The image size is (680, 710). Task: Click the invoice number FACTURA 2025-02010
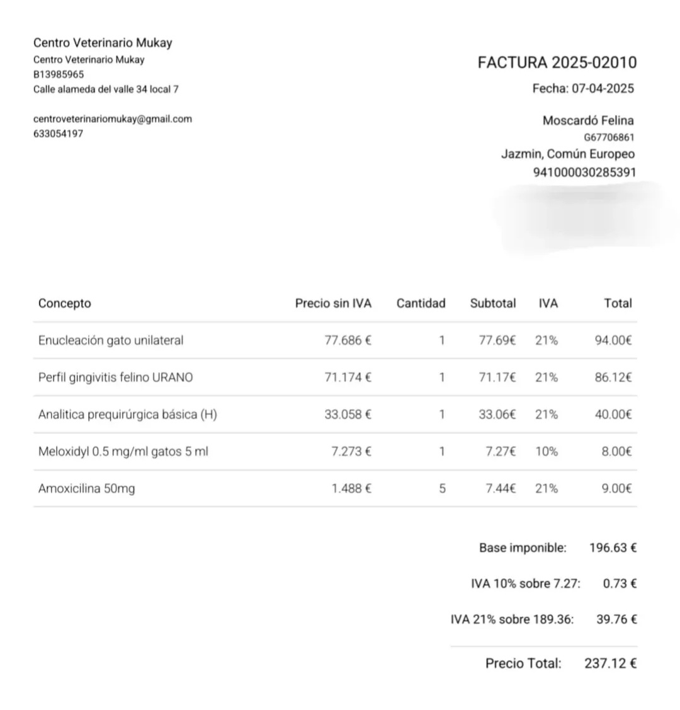[557, 63]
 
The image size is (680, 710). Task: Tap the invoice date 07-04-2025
[603, 89]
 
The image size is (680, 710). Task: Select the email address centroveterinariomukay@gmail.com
[113, 119]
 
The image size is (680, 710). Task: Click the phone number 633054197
[58, 134]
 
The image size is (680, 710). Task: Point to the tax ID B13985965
[59, 74]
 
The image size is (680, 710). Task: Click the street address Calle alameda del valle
[106, 89]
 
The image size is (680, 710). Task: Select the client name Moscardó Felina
[588, 121]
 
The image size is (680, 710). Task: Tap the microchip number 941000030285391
[584, 172]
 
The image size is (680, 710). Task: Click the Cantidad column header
[421, 304]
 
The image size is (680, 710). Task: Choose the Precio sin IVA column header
[333, 304]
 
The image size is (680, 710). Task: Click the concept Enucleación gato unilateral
[111, 341]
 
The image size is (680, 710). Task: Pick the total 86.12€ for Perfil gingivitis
[613, 377]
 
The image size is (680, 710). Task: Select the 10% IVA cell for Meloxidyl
[547, 452]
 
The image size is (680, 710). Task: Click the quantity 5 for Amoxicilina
[442, 488]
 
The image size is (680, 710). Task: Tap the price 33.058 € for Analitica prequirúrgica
[348, 415]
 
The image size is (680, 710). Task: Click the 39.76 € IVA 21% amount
[616, 620]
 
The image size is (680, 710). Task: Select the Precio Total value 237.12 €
[610, 663]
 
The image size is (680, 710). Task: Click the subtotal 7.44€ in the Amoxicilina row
[500, 488]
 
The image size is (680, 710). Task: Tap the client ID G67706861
[609, 137]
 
